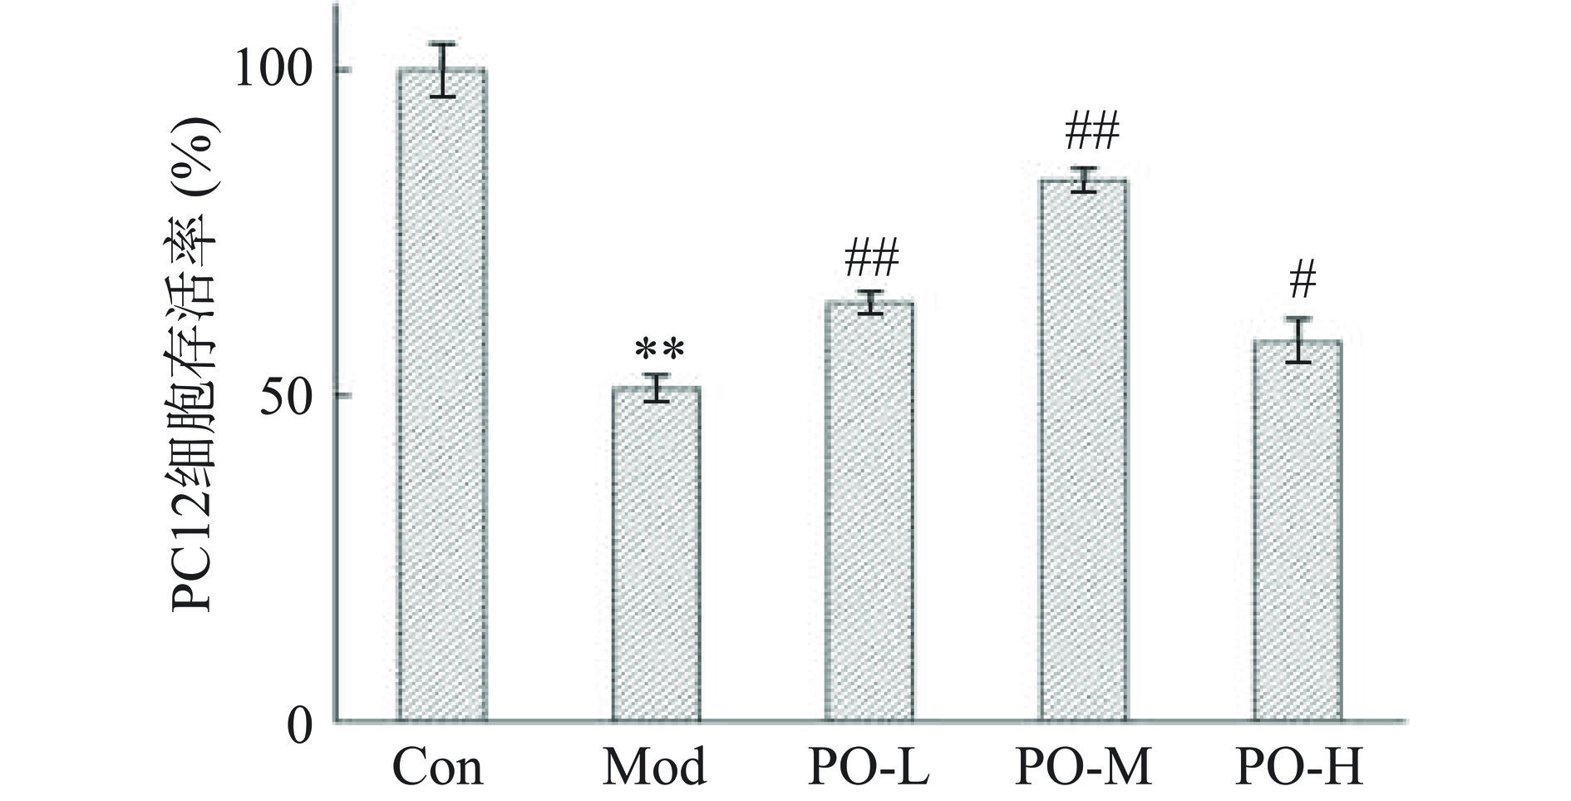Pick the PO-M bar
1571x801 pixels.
point(1084,450)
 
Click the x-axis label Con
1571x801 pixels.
point(437,767)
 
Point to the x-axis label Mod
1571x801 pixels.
point(655,767)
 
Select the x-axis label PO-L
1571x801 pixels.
point(869,767)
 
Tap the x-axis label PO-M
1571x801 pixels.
point(1084,767)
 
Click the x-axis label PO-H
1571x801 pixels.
point(1299,767)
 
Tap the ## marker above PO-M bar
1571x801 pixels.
point(1091,131)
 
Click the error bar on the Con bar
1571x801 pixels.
point(442,70)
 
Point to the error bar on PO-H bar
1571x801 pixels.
point(1298,340)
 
